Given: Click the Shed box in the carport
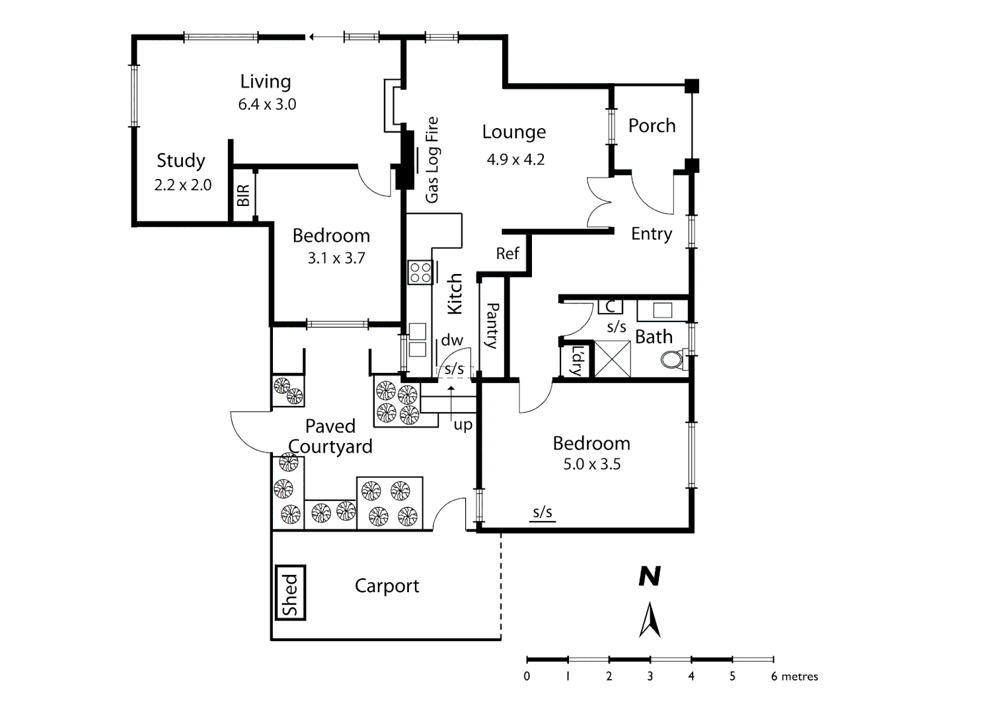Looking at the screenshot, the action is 290,593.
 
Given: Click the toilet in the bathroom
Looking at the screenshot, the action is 673,360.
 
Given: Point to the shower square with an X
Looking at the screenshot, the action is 613,359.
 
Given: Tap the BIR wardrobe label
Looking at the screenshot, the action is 243,195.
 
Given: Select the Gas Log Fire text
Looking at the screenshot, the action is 432,160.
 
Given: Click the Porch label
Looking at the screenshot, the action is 652,125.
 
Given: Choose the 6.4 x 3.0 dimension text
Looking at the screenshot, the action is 267,104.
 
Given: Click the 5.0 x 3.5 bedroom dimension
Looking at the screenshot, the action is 591,464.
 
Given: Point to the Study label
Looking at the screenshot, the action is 180,160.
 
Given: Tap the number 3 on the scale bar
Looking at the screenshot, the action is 650,676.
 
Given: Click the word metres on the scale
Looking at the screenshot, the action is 800,676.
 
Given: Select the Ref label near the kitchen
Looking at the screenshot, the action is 508,254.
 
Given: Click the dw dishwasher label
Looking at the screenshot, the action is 452,340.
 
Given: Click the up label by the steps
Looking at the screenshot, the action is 463,424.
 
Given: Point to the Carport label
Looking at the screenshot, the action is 387,586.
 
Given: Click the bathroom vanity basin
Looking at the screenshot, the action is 662,310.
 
